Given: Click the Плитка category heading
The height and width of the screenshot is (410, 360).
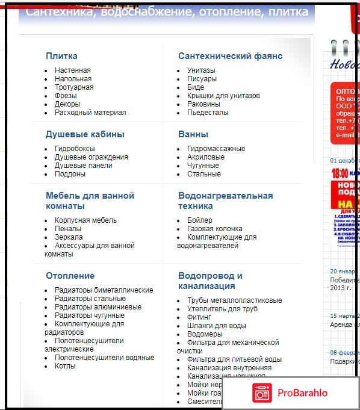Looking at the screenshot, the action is [61, 56].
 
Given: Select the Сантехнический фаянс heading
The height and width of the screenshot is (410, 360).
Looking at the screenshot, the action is [230, 56].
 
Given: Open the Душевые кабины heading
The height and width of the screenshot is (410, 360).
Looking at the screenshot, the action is [85, 134].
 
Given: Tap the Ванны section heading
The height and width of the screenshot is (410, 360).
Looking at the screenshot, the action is [193, 134].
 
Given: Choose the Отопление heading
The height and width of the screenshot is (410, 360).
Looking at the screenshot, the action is [70, 276].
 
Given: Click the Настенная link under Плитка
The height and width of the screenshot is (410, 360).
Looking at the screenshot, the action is [73, 70].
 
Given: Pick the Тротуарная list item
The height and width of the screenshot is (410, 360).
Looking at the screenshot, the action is [74, 87].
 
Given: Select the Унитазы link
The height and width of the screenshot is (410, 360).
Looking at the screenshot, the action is [201, 70].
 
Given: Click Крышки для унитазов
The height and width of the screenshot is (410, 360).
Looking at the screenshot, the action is [223, 96].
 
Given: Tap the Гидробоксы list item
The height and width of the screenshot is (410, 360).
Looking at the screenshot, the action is [75, 149].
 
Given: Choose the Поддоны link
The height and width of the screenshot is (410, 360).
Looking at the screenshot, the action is [70, 174].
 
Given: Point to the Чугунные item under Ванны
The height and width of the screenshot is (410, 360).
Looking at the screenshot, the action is [203, 166].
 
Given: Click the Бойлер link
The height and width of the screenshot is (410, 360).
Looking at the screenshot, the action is [200, 220].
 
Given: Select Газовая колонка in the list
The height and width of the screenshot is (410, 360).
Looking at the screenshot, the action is [215, 229].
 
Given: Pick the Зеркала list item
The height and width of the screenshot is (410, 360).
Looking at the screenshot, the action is [69, 237].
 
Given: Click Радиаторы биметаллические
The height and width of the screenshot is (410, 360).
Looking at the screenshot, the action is [104, 290].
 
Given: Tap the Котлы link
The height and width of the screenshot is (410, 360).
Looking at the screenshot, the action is [65, 366].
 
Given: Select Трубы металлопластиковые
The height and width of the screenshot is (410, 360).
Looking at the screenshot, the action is [235, 300].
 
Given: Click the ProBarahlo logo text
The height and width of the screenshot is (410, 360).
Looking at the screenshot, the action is [302, 393].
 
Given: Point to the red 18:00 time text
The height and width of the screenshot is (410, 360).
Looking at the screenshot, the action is [339, 173].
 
